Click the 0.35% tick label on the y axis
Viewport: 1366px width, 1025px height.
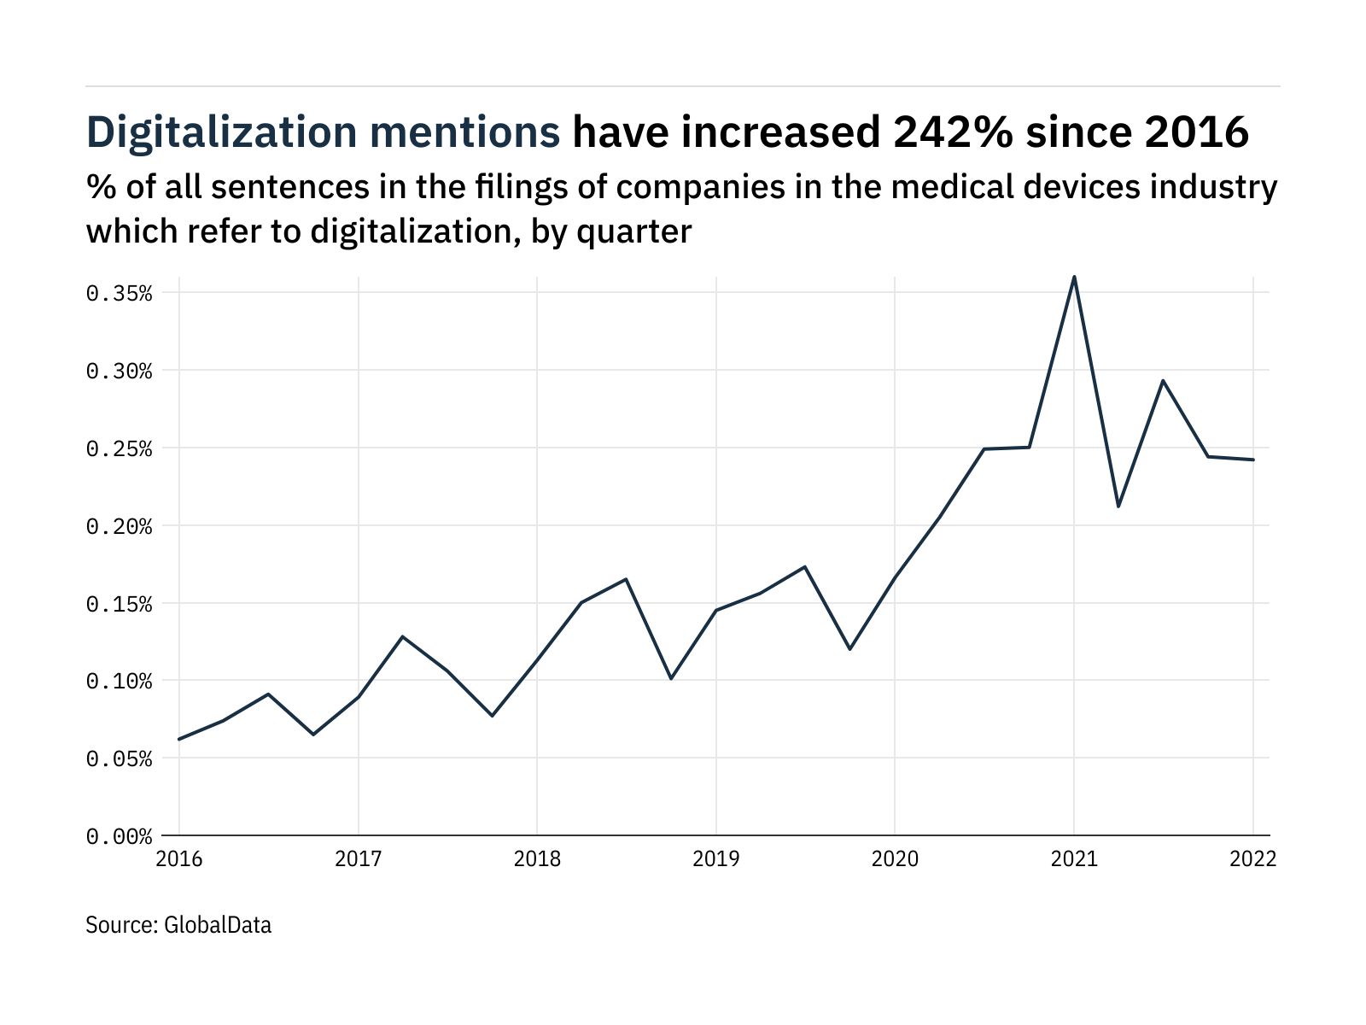[119, 294]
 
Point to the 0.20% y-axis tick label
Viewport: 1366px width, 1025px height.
[119, 526]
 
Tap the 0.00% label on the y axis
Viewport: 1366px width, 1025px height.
[119, 836]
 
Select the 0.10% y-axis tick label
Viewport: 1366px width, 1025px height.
[119, 682]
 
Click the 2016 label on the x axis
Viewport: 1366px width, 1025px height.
[179, 858]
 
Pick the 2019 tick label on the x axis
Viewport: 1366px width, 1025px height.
[715, 858]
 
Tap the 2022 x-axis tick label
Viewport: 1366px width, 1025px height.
[1252, 858]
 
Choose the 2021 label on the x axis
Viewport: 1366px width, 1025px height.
[1073, 858]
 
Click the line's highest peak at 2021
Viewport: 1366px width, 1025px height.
[1074, 277]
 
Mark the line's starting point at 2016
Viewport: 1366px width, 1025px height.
[179, 739]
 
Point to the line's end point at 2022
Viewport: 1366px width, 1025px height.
[1252, 460]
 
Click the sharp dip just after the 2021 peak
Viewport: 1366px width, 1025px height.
[1118, 507]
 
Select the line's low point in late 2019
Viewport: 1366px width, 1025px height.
[849, 649]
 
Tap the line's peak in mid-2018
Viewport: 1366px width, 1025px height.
[626, 579]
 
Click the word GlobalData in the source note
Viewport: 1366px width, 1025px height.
[218, 925]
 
